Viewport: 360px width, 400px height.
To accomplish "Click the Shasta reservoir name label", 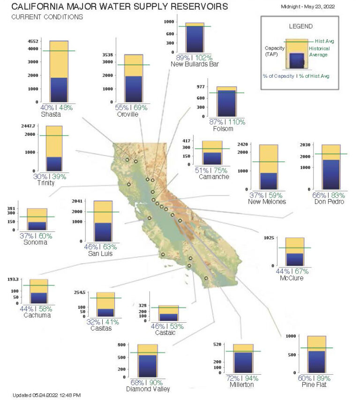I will pyautogui.click(x=50, y=114).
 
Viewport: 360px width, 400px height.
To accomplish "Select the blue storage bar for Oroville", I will pyautogui.click(x=133, y=89).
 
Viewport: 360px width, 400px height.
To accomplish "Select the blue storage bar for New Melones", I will pyautogui.click(x=269, y=181).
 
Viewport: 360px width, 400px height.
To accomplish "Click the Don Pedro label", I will pyautogui.click(x=330, y=202).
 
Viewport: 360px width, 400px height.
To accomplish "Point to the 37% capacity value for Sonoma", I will pyautogui.click(x=27, y=236).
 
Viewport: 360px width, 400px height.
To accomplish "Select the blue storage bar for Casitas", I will pyautogui.click(x=105, y=312).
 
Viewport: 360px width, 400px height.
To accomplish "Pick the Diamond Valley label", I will pyautogui.click(x=148, y=389).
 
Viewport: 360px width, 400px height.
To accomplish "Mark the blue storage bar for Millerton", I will pyautogui.click(x=243, y=363).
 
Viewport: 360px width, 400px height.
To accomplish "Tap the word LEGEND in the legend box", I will pyautogui.click(x=301, y=27).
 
